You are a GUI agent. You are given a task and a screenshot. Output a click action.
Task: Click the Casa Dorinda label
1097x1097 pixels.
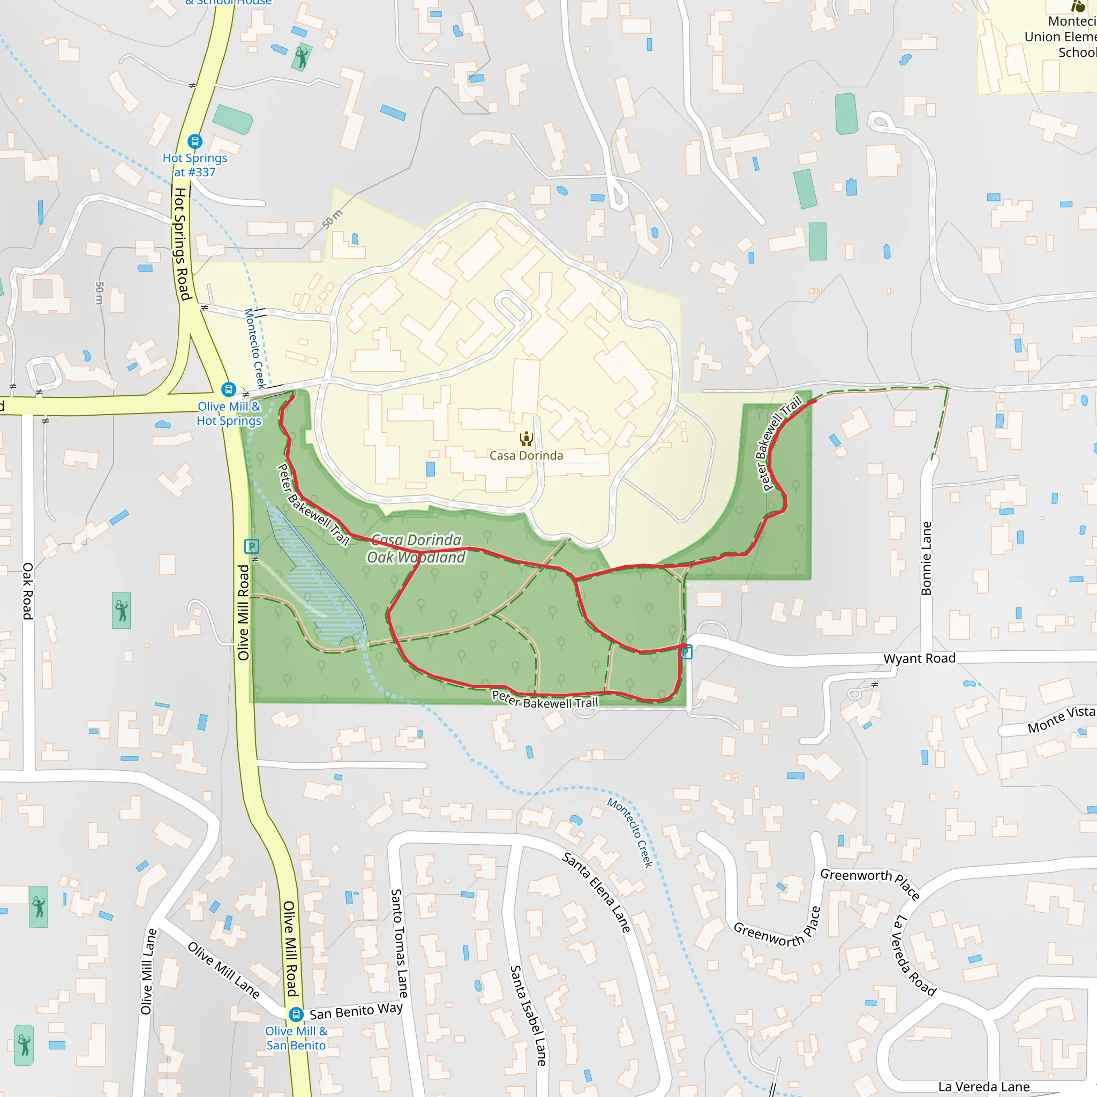526,455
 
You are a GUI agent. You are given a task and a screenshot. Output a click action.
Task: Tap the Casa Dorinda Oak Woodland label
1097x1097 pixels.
416,548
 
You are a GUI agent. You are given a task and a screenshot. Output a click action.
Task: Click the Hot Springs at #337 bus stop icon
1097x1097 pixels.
195,141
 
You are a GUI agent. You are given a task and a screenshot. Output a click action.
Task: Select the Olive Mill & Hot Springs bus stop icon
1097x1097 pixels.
228,389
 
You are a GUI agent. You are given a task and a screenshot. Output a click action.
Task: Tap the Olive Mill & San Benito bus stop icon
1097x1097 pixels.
296,1014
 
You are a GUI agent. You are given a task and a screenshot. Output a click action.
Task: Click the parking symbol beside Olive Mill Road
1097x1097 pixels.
252,546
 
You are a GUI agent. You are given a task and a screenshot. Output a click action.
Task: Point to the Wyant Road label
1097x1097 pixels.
919,658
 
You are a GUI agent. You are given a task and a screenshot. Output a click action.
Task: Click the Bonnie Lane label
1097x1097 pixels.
926,558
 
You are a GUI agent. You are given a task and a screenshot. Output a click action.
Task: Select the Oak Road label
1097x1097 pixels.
27,590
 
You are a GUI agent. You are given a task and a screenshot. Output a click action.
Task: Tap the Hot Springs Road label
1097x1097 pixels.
181,244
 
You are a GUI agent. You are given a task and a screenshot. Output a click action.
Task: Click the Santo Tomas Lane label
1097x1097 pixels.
399,943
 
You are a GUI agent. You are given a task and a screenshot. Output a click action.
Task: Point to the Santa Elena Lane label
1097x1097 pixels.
596,892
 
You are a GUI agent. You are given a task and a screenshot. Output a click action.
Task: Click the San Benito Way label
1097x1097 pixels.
356,1011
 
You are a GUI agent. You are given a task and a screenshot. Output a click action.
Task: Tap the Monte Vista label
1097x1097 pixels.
1061,719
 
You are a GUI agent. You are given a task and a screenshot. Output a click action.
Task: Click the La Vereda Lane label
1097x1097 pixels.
983,1087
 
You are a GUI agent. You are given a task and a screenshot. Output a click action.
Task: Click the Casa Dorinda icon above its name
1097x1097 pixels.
527,438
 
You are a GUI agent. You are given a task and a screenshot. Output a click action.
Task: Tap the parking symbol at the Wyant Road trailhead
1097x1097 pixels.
686,652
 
